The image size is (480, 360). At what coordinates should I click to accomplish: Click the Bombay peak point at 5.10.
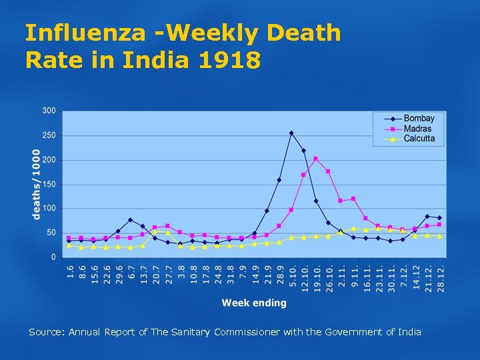(x=291, y=133)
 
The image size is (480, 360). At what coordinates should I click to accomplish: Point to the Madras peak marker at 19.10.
(x=316, y=159)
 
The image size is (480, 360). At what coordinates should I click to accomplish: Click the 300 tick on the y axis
(x=49, y=110)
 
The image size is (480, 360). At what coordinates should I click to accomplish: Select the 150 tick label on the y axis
(x=49, y=184)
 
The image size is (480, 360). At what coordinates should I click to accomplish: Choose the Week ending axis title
(x=254, y=303)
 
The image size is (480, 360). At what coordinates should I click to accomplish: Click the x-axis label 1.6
(x=69, y=272)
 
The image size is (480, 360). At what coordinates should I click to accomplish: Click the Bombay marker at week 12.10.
(x=303, y=151)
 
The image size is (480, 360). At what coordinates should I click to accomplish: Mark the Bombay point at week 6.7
(x=131, y=220)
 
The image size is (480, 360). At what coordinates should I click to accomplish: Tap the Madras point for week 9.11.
(x=353, y=199)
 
